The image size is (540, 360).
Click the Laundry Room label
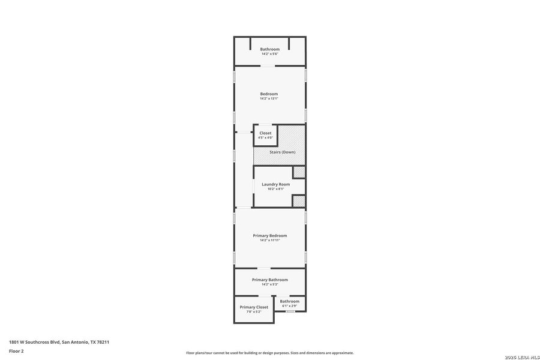pyautogui.click(x=275, y=184)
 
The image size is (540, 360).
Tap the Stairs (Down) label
pyautogui.click(x=282, y=152)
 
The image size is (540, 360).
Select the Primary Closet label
pyautogui.click(x=254, y=307)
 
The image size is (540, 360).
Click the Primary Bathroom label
pyautogui.click(x=269, y=280)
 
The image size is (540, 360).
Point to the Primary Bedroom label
pyautogui.click(x=269, y=235)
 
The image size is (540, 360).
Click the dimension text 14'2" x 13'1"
pyautogui.click(x=269, y=98)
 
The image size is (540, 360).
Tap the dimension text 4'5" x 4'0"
pyautogui.click(x=265, y=137)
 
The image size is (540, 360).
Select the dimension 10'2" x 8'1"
pyautogui.click(x=275, y=189)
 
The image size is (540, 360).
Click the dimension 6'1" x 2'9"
pyautogui.click(x=289, y=306)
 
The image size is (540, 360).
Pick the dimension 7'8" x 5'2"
pyautogui.click(x=254, y=311)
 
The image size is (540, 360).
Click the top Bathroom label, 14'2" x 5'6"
pyautogui.click(x=269, y=49)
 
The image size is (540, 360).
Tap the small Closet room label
pyautogui.click(x=265, y=133)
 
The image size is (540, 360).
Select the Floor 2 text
pyautogui.click(x=16, y=350)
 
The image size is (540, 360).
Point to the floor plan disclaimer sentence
pyautogui.click(x=269, y=353)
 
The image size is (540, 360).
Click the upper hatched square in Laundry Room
pyautogui.click(x=299, y=172)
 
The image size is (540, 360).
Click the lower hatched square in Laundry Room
pyautogui.click(x=299, y=201)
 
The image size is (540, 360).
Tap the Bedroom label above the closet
pyautogui.click(x=269, y=94)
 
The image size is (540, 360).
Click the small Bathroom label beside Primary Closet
pyautogui.click(x=289, y=301)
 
